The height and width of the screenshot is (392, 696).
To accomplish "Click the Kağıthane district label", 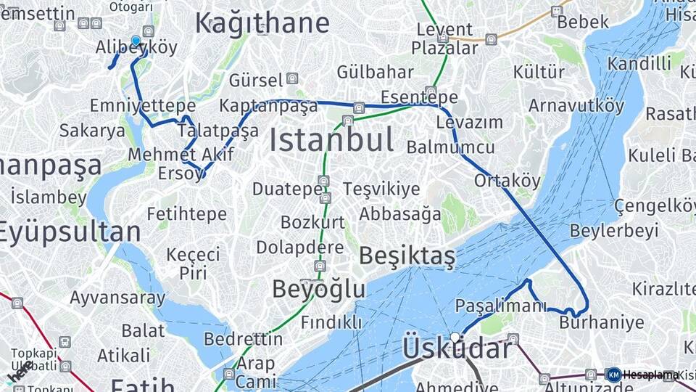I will [x=262, y=23].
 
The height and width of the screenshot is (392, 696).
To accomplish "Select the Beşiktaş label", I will [x=407, y=256].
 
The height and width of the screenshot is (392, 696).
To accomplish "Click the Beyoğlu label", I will [x=319, y=289].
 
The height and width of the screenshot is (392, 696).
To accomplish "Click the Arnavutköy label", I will [x=576, y=105].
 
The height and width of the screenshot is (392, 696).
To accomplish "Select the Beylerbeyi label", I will [x=614, y=231].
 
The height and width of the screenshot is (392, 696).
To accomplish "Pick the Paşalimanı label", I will [x=501, y=306].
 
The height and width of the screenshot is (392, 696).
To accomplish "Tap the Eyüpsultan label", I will [x=70, y=232].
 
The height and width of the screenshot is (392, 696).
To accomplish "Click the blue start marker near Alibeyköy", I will [x=136, y=41].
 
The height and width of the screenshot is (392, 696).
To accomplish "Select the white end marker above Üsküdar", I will [x=455, y=337].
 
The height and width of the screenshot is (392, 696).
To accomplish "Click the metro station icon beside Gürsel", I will [x=292, y=78].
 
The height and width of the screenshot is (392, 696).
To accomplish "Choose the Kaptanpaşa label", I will [x=268, y=106].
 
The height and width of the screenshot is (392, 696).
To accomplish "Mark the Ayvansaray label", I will [x=117, y=298].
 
